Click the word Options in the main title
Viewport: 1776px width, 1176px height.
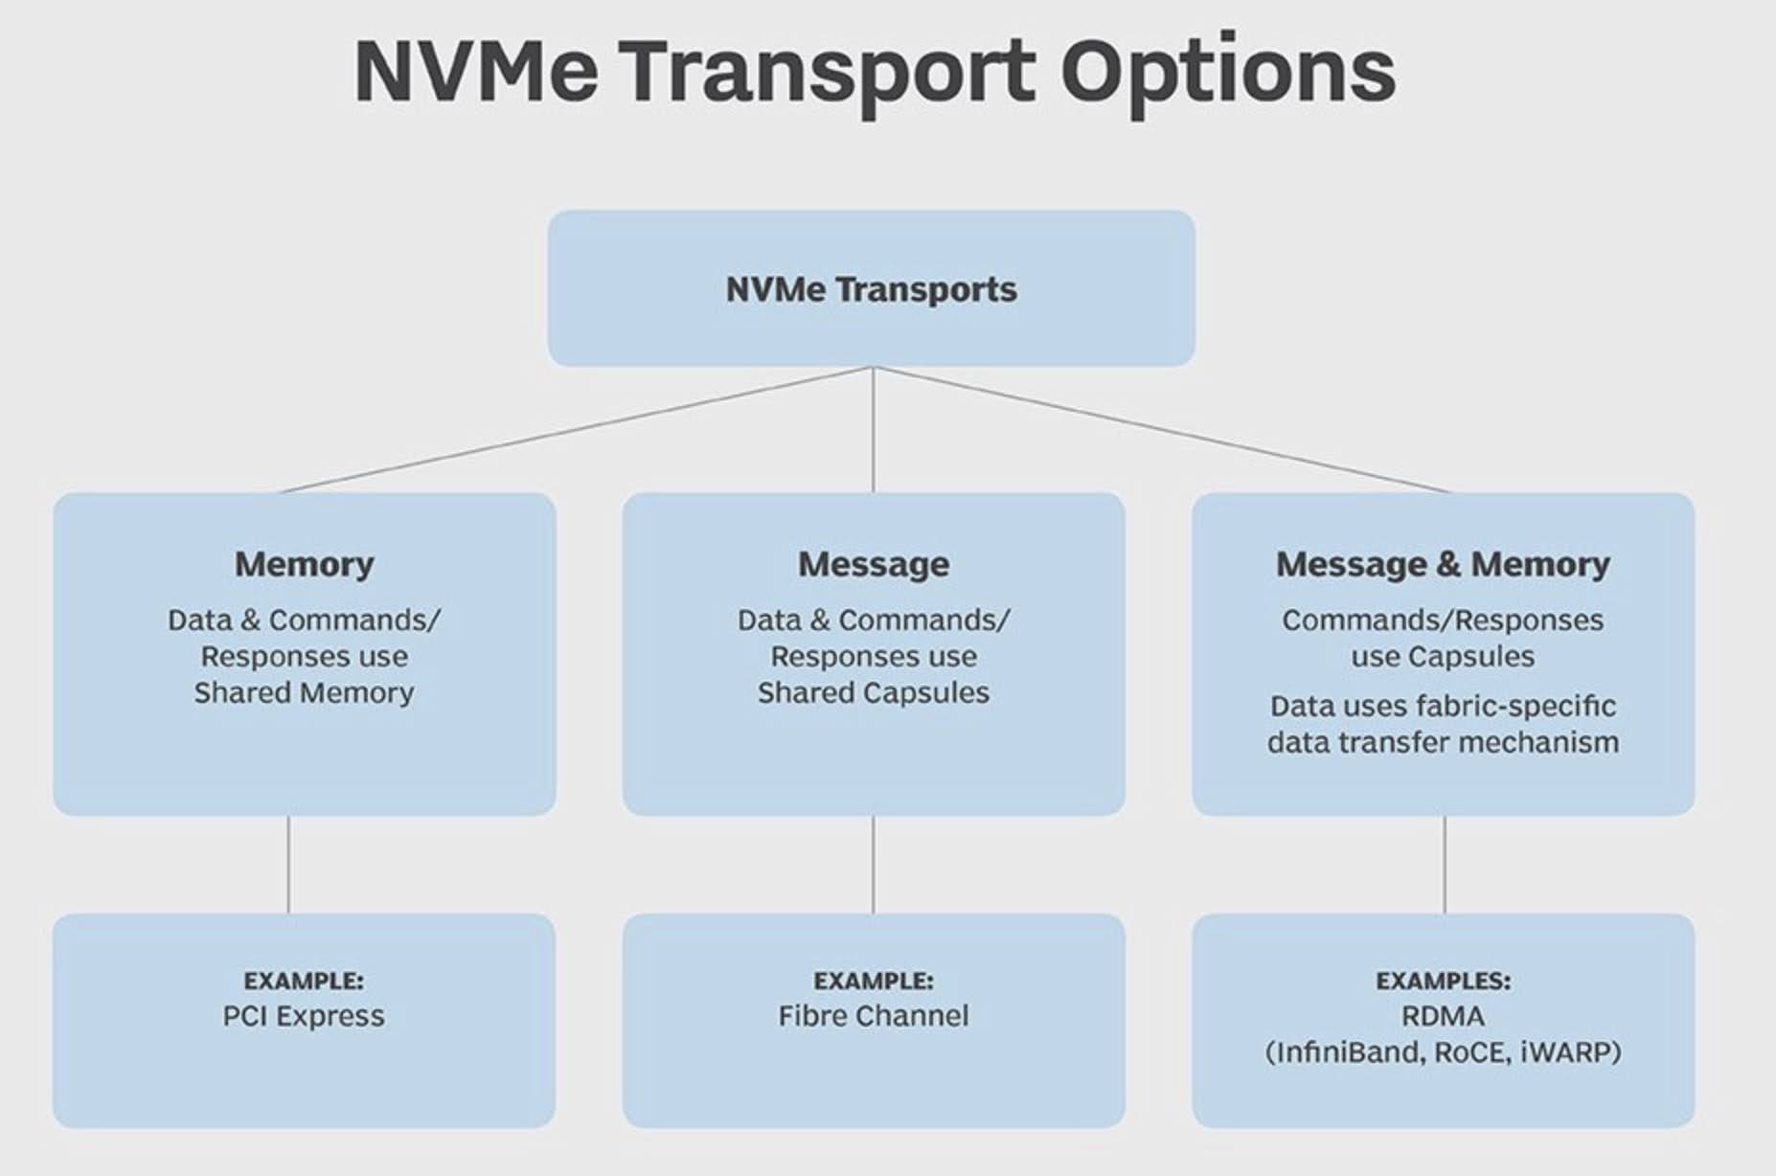point(1227,73)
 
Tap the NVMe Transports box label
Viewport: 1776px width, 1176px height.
point(871,289)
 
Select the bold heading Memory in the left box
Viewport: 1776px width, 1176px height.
point(304,564)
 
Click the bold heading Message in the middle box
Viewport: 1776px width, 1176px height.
point(873,564)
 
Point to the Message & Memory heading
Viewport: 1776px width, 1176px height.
point(1443,564)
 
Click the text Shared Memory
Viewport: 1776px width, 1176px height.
point(304,692)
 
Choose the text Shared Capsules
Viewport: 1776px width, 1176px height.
point(873,692)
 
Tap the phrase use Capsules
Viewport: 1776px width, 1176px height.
point(1443,657)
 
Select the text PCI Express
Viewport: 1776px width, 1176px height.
point(304,1016)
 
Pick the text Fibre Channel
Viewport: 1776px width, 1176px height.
point(873,1016)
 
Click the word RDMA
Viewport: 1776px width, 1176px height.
point(1443,1016)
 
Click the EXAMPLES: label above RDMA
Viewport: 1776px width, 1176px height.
point(1443,981)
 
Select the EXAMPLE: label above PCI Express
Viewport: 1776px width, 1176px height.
point(304,981)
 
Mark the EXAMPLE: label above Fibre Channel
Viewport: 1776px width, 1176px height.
point(873,981)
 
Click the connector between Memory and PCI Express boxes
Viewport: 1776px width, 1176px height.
point(288,865)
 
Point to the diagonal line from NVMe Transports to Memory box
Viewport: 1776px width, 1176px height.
point(575,430)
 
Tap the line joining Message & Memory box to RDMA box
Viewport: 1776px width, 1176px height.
point(1445,865)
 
